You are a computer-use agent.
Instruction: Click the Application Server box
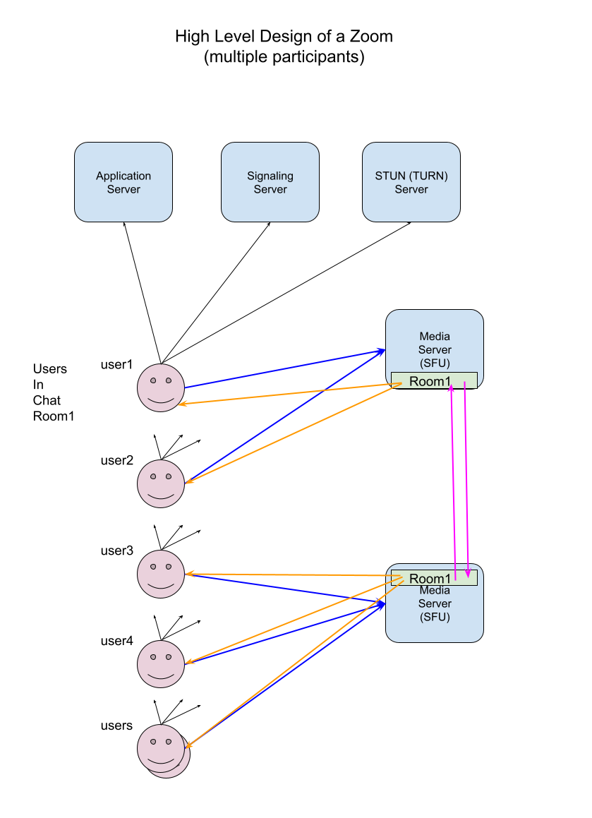[x=123, y=182]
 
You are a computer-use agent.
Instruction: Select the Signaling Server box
[x=270, y=182]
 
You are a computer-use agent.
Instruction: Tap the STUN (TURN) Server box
[x=411, y=182]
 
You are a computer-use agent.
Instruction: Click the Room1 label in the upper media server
[x=430, y=381]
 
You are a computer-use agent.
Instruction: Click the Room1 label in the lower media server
[x=430, y=579]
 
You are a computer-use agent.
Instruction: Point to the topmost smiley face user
[x=161, y=387]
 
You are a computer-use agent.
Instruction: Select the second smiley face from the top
[x=161, y=483]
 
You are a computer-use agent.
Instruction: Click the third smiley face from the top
[x=161, y=574]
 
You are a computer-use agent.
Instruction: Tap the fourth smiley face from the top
[x=161, y=663]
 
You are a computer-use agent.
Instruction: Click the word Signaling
[x=270, y=176]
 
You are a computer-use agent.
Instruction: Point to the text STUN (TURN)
[x=411, y=176]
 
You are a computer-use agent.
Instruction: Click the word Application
[x=123, y=176]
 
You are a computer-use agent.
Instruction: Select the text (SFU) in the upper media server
[x=435, y=363]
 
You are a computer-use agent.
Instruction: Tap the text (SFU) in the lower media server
[x=435, y=617]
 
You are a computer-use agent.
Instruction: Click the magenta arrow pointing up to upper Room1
[x=452, y=480]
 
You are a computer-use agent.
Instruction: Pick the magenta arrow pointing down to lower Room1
[x=466, y=480]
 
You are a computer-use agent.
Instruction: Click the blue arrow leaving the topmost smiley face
[x=282, y=368]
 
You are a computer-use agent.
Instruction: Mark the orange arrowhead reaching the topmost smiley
[x=182, y=404]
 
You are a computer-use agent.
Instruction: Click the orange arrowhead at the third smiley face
[x=189, y=574]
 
